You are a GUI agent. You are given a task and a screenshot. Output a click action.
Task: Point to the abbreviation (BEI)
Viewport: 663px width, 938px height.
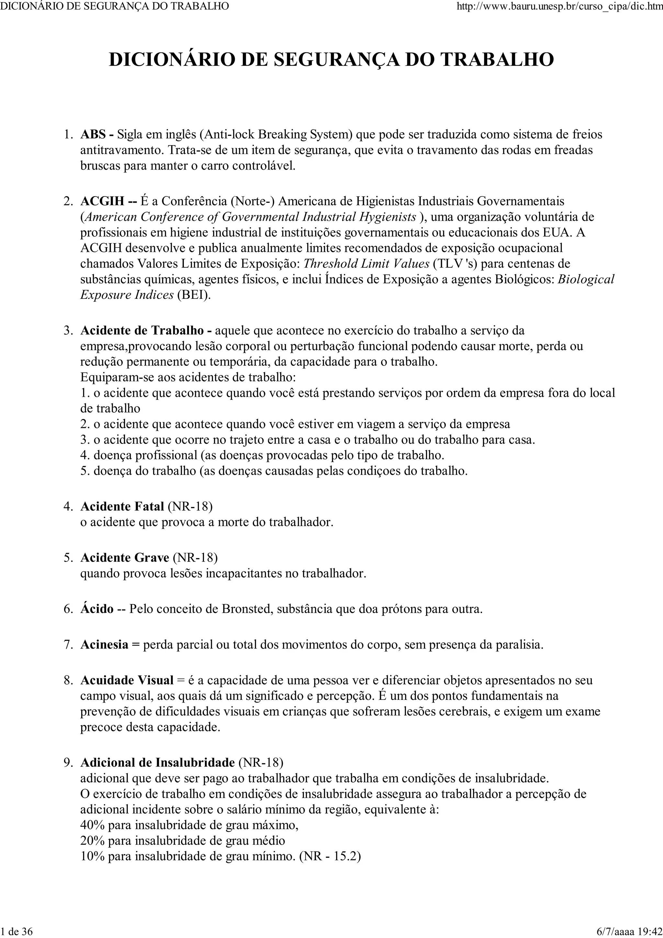[x=194, y=295]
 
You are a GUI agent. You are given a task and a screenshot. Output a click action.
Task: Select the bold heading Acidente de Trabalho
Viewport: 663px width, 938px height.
[x=142, y=330]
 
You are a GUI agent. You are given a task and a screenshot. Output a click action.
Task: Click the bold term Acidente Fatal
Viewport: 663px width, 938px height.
[x=122, y=506]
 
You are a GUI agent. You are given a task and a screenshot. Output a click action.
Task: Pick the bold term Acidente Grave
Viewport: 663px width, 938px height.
[x=125, y=558]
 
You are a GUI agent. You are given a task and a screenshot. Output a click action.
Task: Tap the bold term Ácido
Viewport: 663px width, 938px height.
[x=97, y=609]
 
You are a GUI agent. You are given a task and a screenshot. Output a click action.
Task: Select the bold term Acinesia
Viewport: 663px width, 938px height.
[x=105, y=645]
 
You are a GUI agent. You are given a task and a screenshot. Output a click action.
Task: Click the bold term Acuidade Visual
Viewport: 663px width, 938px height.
[x=127, y=680]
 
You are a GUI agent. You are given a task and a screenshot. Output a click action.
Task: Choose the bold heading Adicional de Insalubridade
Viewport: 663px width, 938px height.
[x=158, y=762]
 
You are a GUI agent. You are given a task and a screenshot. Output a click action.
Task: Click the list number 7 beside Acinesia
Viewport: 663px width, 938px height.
[x=67, y=645]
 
